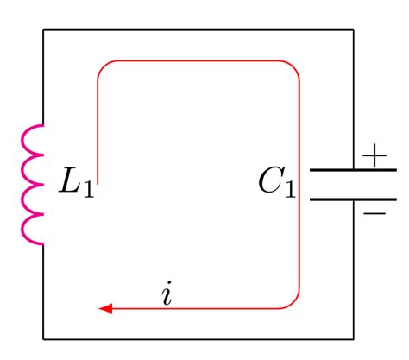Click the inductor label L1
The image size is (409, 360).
[76, 183]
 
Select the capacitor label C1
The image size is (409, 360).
[276, 182]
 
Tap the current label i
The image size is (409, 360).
[167, 295]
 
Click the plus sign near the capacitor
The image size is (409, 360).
[374, 156]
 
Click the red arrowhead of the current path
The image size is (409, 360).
[106, 308]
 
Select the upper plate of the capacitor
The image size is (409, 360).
[352, 170]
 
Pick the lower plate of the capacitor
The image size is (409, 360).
[352, 199]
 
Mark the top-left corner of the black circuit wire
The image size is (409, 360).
[44, 30]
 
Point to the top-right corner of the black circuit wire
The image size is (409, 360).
[353, 30]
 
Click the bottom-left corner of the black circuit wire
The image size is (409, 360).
[44, 338]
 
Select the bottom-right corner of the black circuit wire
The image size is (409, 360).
[353, 338]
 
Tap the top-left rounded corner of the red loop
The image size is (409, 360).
[102, 66]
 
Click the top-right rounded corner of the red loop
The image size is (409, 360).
[294, 66]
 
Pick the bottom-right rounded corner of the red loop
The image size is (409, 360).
[294, 303]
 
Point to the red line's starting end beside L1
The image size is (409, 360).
[98, 182]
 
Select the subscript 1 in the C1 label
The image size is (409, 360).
[290, 190]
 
